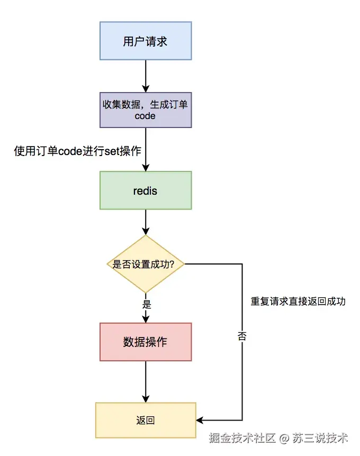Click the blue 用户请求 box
[x=146, y=41]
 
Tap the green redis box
[x=146, y=190]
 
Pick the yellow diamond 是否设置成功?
[x=146, y=264]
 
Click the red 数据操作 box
[x=146, y=342]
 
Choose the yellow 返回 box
[x=146, y=421]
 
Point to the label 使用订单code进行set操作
[x=78, y=151]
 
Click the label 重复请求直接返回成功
[x=298, y=302]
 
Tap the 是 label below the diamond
[x=147, y=305]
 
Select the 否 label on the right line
[x=242, y=336]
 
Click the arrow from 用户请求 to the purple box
[x=146, y=74]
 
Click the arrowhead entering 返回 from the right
[x=200, y=421]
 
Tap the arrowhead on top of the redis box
[x=146, y=167]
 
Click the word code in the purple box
[x=145, y=115]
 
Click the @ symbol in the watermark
[x=284, y=438]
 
